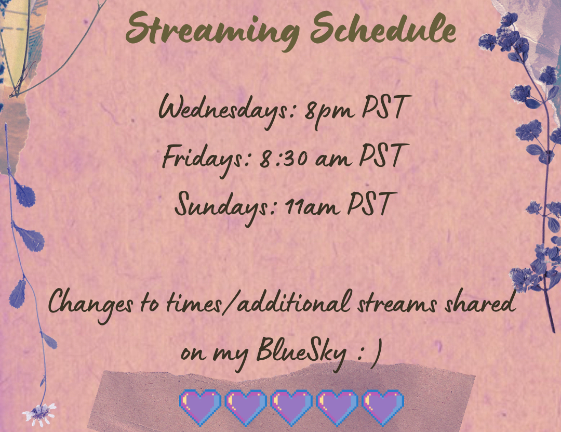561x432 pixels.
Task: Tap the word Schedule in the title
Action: click(383, 28)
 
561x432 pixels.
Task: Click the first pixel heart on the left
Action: click(200, 407)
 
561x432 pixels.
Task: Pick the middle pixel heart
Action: click(291, 407)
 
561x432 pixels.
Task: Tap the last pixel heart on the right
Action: click(383, 407)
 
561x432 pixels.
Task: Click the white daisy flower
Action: click(39, 414)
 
